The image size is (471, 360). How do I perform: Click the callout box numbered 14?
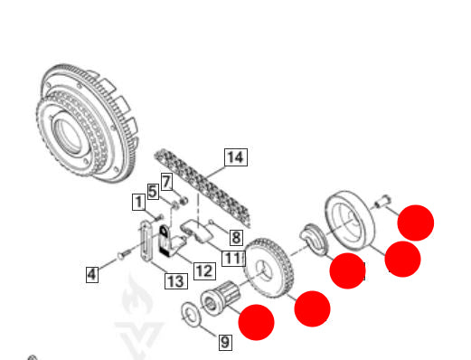click(x=236, y=157)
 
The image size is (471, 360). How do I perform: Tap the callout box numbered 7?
click(x=166, y=182)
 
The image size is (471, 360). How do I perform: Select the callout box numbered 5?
click(x=153, y=192)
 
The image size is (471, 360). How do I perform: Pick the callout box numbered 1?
click(x=139, y=202)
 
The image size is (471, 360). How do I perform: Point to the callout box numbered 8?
click(x=236, y=238)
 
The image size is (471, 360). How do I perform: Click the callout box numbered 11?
click(x=233, y=259)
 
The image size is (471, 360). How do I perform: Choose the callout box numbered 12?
click(x=204, y=270)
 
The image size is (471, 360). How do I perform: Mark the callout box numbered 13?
click(x=176, y=281)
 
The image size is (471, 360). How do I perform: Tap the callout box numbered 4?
click(x=92, y=274)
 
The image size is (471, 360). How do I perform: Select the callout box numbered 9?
click(x=225, y=342)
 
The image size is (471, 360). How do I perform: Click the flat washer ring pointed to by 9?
click(x=190, y=314)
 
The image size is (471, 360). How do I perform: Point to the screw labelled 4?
click(x=124, y=253)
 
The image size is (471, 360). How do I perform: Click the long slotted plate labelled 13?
click(x=146, y=242)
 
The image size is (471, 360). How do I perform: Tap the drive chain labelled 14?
click(x=203, y=188)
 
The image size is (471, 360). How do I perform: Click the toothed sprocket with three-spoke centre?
click(x=269, y=269)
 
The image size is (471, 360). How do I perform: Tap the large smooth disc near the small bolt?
click(x=350, y=220)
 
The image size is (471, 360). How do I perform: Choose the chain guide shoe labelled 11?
click(x=197, y=231)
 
